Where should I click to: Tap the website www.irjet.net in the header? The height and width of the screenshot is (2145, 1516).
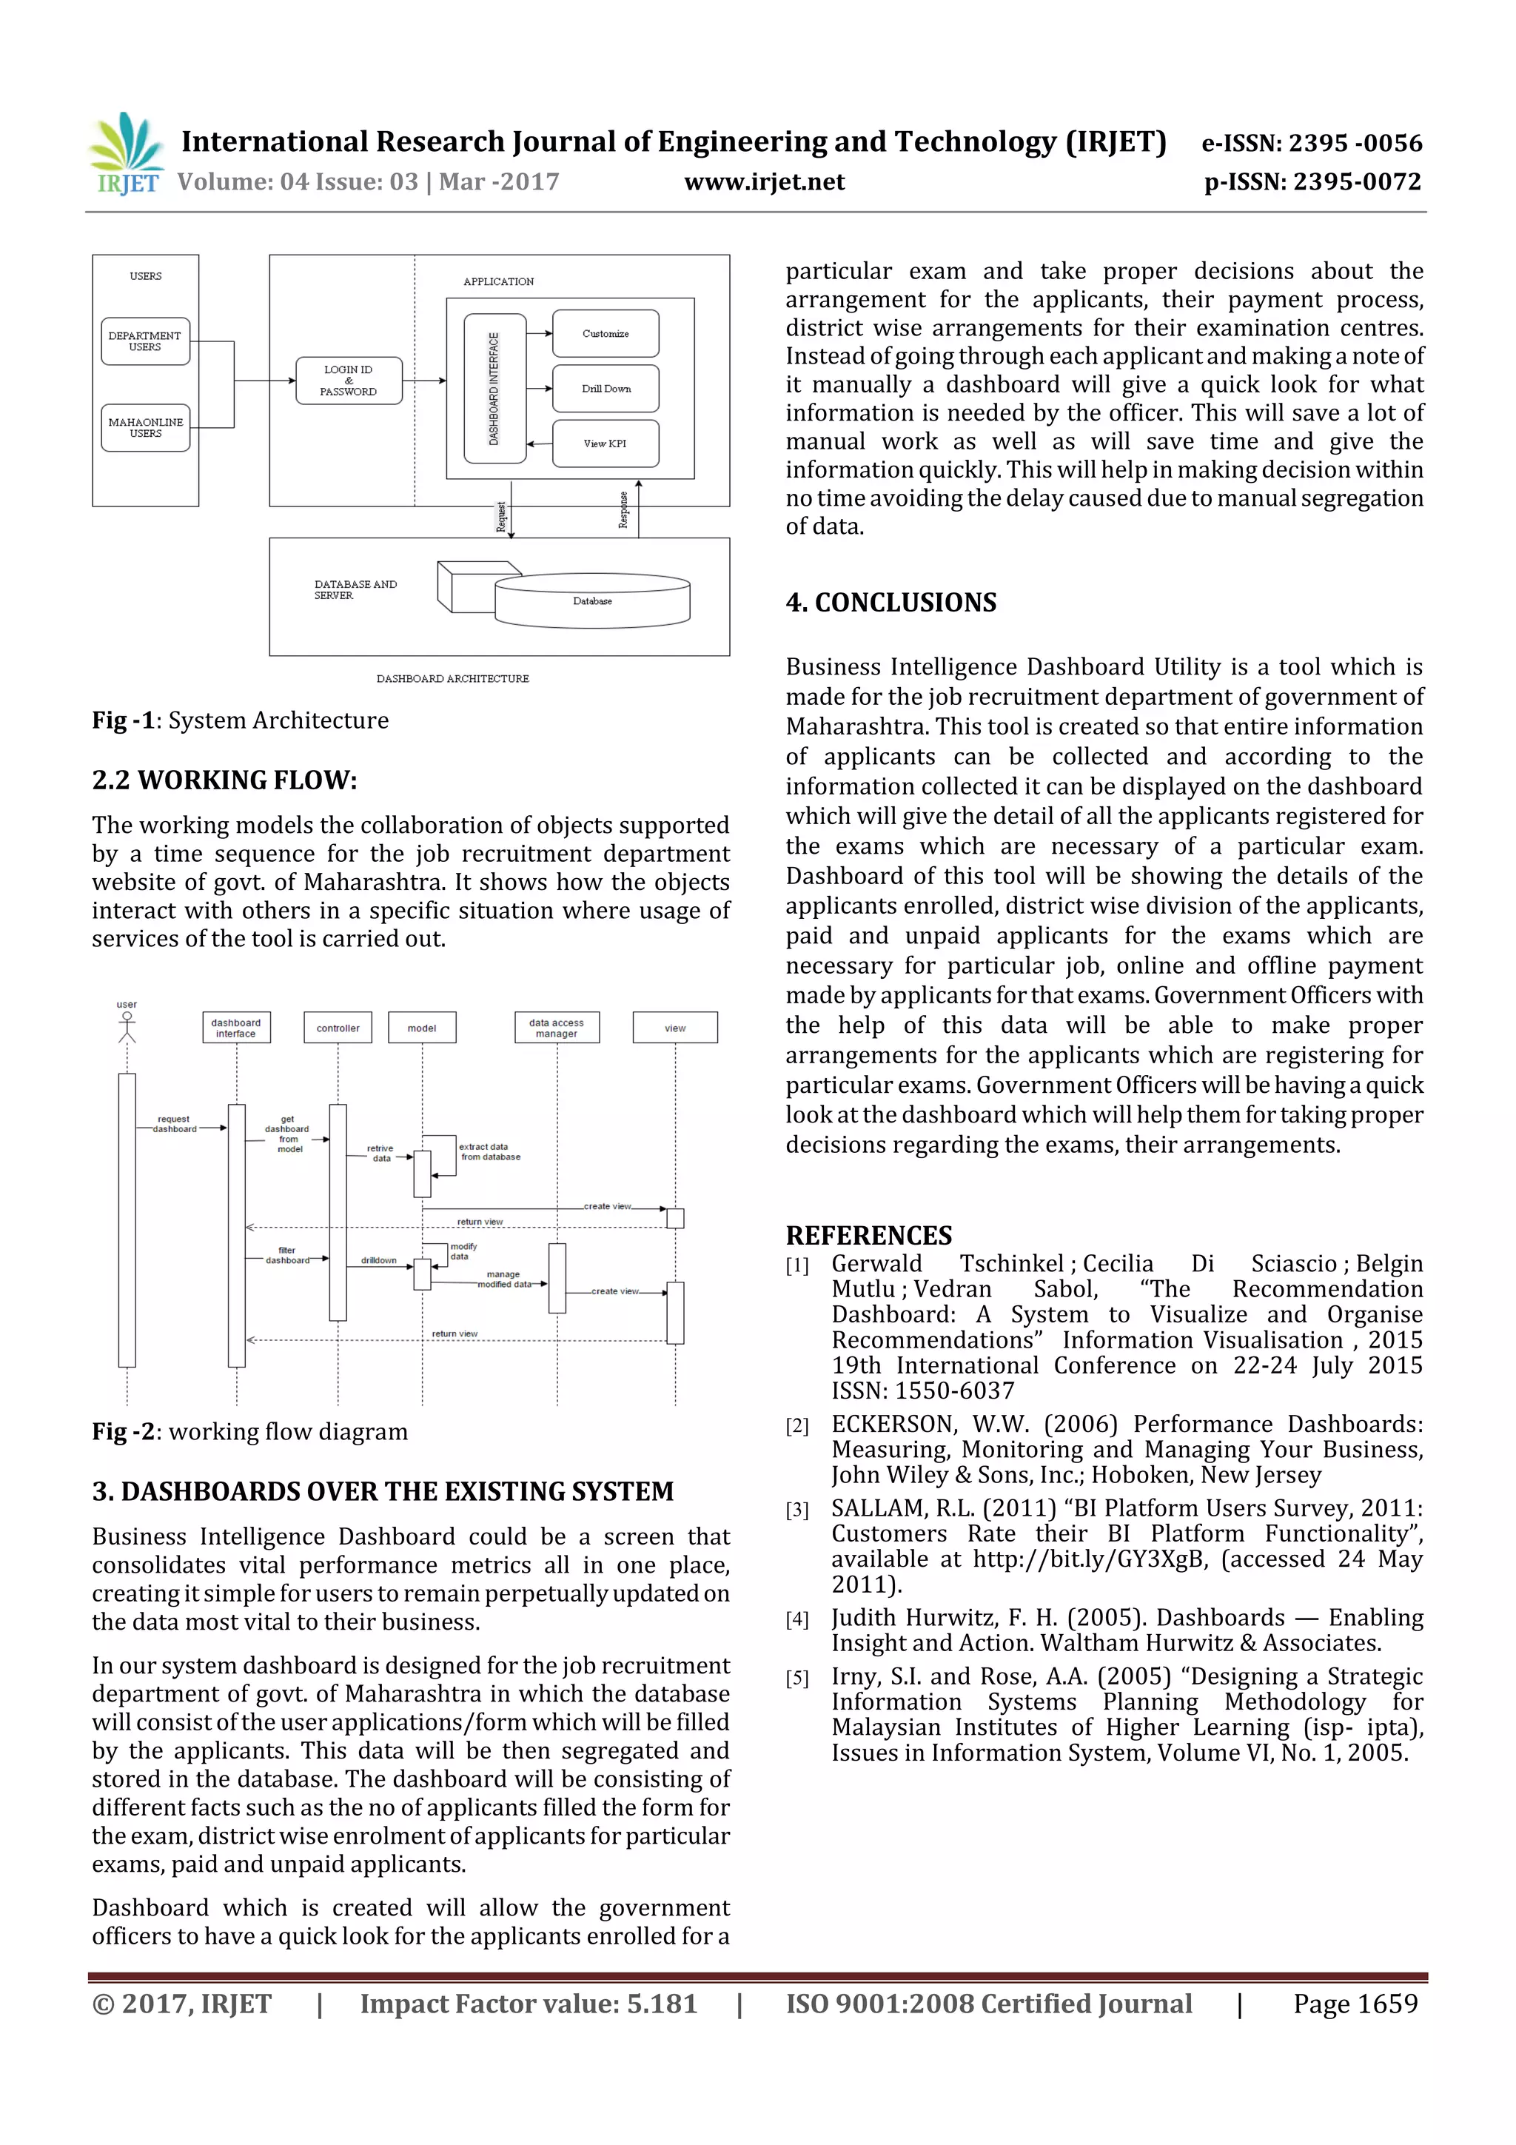[x=764, y=182]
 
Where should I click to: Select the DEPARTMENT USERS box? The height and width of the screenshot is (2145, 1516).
[x=145, y=341]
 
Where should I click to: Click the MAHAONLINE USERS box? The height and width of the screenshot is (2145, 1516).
[x=145, y=428]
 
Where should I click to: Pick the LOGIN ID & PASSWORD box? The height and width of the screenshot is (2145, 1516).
[x=349, y=381]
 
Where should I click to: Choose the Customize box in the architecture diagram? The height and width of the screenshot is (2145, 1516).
[x=606, y=333]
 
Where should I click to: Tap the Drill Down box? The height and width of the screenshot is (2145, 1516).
[x=606, y=389]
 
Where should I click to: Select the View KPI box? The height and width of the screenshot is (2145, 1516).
[x=606, y=444]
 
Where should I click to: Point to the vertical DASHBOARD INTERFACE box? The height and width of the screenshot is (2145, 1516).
[x=494, y=389]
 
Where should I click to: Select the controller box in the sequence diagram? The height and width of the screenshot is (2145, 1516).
[x=338, y=1028]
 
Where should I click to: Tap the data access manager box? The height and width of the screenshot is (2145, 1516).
[x=557, y=1028]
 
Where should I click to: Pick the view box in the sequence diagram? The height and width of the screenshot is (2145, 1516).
[x=674, y=1028]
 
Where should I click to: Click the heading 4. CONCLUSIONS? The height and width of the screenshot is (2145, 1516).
[x=891, y=603]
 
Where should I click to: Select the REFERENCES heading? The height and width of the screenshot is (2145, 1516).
[x=869, y=1236]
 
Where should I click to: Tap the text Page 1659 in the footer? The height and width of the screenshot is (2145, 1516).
[x=1355, y=2004]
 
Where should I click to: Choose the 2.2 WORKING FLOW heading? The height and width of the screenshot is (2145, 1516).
[x=224, y=780]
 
